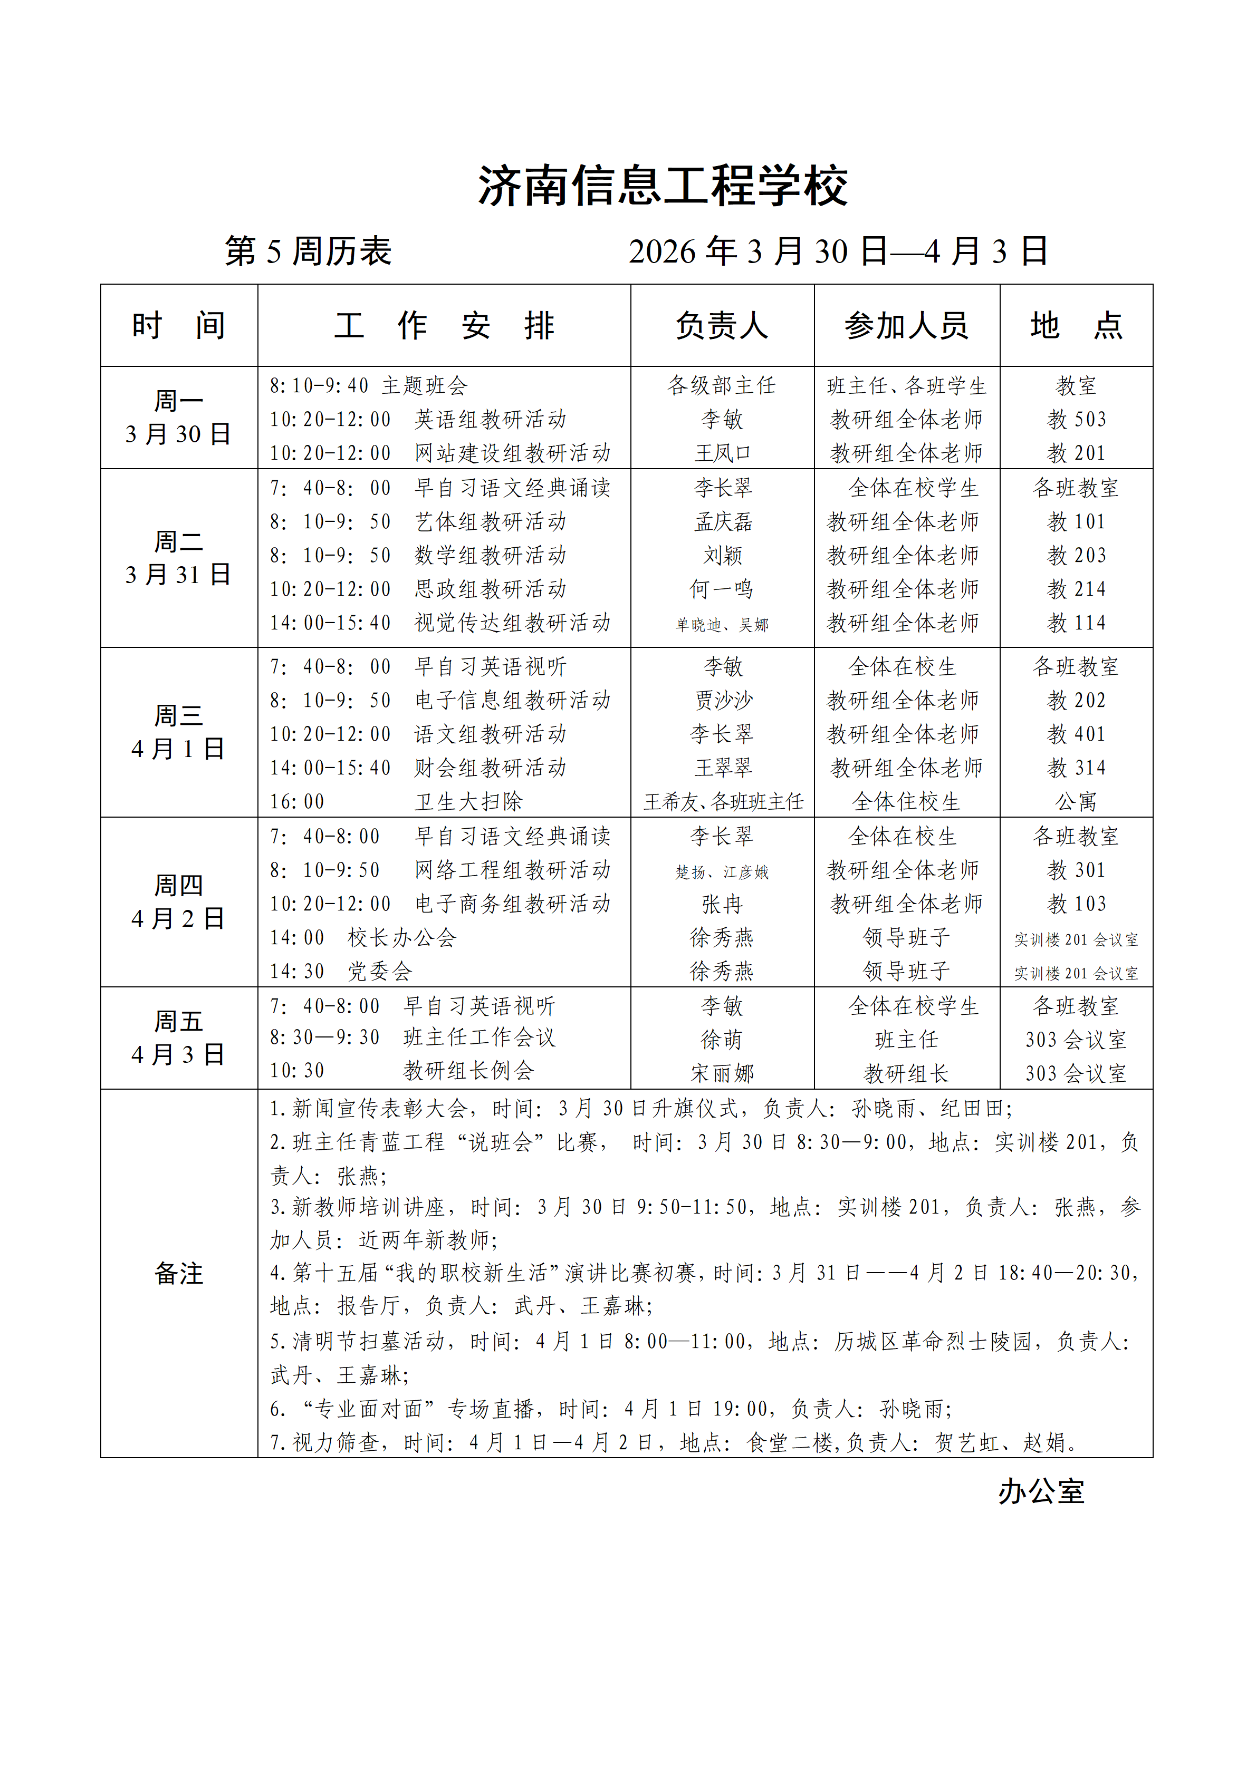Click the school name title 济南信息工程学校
[x=663, y=186]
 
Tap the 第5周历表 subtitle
[x=308, y=251]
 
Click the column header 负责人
[x=722, y=325]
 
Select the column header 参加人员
[x=906, y=325]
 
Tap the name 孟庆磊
[x=722, y=522]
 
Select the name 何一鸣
[x=722, y=589]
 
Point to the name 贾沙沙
[x=722, y=701]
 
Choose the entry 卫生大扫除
[x=468, y=802]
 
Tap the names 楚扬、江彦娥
[x=722, y=872]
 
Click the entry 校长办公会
[x=401, y=938]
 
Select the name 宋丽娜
[x=722, y=1073]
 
